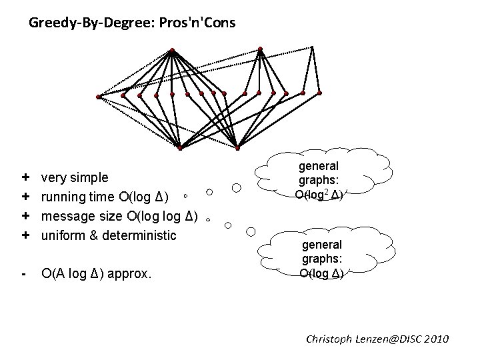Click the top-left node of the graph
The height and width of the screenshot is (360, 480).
pyautogui.click(x=172, y=51)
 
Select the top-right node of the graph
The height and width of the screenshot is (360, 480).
pyautogui.click(x=260, y=48)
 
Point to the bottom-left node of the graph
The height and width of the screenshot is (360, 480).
pyautogui.click(x=180, y=147)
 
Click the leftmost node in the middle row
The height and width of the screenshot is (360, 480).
pyautogui.click(x=99, y=97)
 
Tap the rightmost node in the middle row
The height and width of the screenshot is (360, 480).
pyautogui.click(x=319, y=93)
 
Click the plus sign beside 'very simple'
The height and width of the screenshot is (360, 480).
pyautogui.click(x=25, y=178)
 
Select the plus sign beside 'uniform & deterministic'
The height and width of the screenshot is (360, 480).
pyautogui.click(x=25, y=235)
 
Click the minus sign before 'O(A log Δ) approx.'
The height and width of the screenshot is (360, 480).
pyautogui.click(x=24, y=273)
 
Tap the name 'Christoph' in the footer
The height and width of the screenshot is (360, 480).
pyautogui.click(x=332, y=339)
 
